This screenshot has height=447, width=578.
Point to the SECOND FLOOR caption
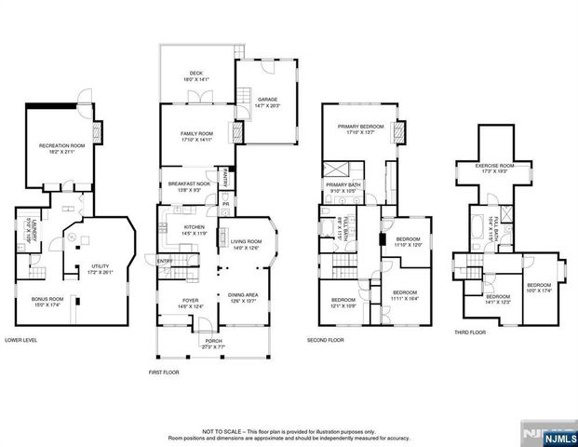327,341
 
